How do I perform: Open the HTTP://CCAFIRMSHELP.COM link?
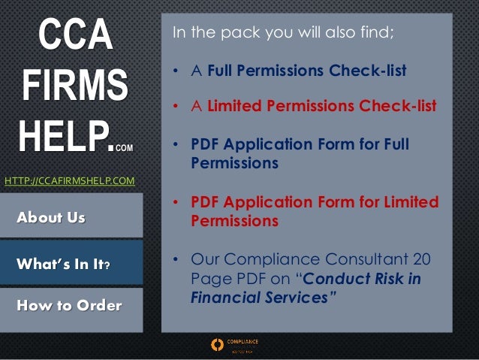[x=70, y=180]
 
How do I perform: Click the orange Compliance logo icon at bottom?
[x=218, y=345]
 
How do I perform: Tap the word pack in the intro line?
[x=240, y=34]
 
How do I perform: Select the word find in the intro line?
[x=378, y=34]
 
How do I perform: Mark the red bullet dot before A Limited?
[x=175, y=107]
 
